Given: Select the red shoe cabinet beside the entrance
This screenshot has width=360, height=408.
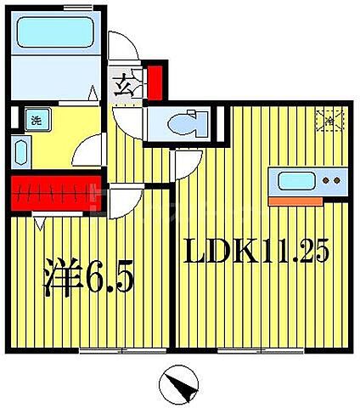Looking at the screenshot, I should [x=155, y=79].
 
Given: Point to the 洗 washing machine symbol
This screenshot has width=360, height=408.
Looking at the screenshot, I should [x=37, y=120].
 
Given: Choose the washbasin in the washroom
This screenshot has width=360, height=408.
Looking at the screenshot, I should [x=21, y=154].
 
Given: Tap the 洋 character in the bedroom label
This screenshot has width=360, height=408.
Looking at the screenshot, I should [x=63, y=278].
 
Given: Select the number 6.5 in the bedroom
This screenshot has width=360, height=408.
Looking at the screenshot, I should [x=109, y=278].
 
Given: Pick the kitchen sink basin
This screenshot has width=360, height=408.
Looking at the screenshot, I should [x=295, y=181].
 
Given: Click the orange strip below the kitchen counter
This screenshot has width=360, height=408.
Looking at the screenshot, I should [x=296, y=201].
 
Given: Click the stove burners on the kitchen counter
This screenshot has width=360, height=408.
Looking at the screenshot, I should [x=335, y=181].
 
